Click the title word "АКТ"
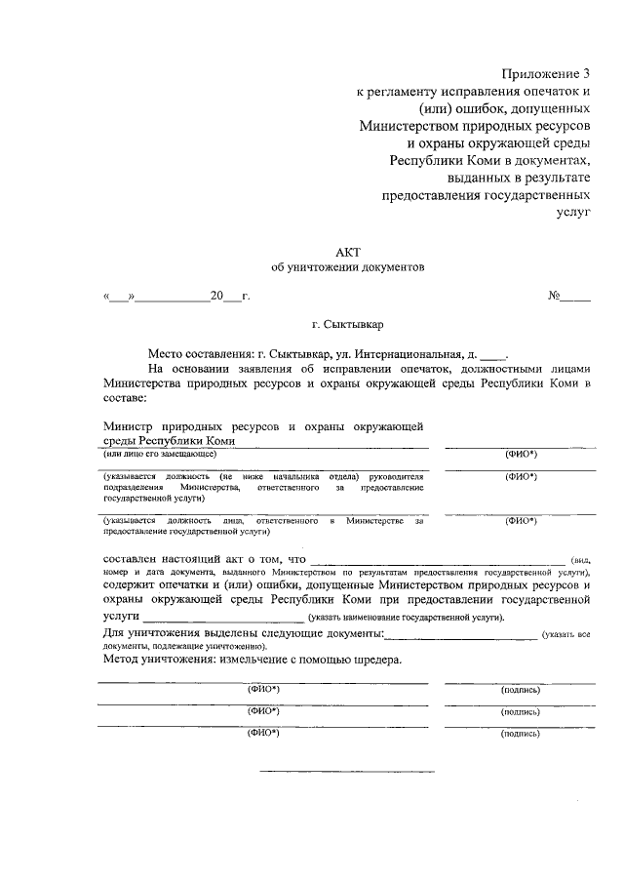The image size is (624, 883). [x=348, y=252]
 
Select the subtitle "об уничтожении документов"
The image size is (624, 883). [x=348, y=268]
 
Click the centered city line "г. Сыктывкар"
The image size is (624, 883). [x=348, y=327]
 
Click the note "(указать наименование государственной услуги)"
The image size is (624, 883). [x=406, y=619]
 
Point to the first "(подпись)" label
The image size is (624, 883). [x=521, y=690]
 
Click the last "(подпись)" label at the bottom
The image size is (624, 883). [x=521, y=732]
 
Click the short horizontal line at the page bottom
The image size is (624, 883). [x=346, y=771]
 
